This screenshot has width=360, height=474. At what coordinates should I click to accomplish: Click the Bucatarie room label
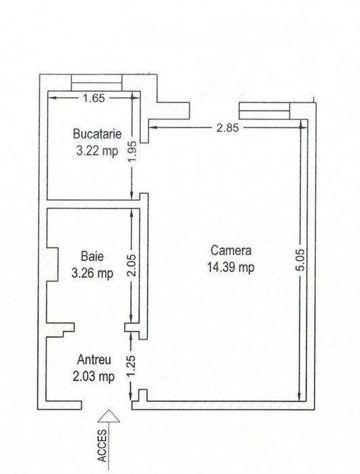click(98, 134)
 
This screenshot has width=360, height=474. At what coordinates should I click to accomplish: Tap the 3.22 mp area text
click(98, 151)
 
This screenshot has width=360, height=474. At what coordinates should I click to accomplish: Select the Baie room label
click(92, 256)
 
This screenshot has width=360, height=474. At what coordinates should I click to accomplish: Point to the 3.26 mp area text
click(92, 273)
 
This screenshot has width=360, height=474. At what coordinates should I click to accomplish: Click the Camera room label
click(231, 251)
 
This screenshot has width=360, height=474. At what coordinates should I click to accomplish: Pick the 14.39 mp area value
click(231, 267)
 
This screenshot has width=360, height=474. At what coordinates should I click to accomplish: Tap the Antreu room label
click(94, 359)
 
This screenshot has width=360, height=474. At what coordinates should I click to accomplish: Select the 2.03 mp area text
click(94, 376)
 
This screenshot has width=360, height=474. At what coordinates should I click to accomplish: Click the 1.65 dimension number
click(94, 98)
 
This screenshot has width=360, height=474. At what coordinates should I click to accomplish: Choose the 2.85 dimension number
click(227, 128)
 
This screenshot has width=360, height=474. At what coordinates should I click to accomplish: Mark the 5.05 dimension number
click(301, 260)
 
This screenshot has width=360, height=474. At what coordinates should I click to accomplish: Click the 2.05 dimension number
click(132, 265)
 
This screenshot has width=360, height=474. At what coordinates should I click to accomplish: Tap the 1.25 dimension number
click(131, 366)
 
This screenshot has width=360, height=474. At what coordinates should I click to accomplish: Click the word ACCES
click(102, 446)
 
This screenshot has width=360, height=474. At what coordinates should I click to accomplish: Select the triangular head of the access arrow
click(108, 416)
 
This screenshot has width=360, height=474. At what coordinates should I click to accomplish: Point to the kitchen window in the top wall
click(96, 83)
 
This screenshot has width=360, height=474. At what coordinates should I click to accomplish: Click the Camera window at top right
click(264, 111)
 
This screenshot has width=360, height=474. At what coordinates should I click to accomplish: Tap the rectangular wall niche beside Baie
click(52, 264)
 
